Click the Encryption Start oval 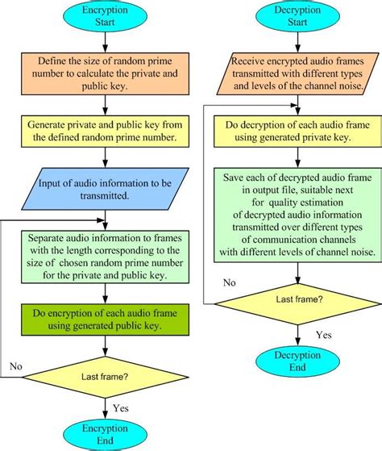coord(105,16)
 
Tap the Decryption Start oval coord(297,16)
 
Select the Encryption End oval coord(105,434)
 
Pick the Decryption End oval coord(297,361)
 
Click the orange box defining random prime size coord(105,73)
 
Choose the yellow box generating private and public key coord(105,132)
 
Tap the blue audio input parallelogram coord(105,189)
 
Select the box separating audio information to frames coord(105,257)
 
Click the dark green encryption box coord(105,319)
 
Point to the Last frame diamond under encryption coord(105,377)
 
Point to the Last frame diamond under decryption coord(297,304)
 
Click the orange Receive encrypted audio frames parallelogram coord(297,73)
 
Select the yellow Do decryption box coord(297,132)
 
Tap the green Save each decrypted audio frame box coord(297,215)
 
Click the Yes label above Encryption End coord(121,408)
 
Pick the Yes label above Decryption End coord(324,335)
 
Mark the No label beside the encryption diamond coord(16,366)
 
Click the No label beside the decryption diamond coord(230,282)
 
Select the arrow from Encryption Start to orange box coord(105,42)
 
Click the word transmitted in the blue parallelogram coord(105,196)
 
